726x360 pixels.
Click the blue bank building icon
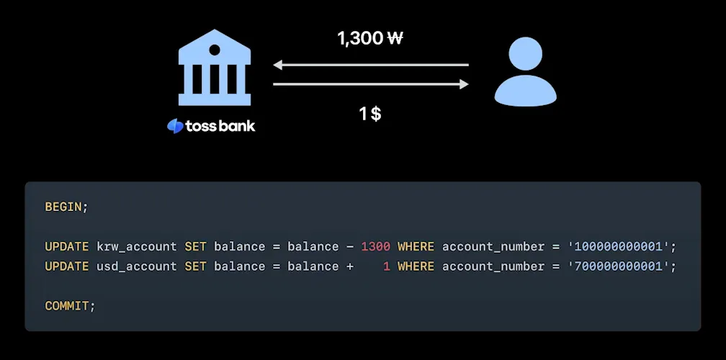coord(215,68)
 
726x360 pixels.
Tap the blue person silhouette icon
coord(526,72)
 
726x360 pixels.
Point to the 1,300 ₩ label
coord(369,38)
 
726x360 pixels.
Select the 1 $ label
coord(370,113)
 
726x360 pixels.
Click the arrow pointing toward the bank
coord(371,66)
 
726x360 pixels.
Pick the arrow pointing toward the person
coord(371,84)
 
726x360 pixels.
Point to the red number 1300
coord(375,246)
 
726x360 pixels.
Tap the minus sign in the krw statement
coord(349,246)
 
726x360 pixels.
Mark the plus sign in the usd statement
coord(349,266)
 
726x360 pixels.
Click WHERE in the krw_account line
coord(416,246)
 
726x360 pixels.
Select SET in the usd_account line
coord(195,266)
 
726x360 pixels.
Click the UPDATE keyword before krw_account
coord(66,246)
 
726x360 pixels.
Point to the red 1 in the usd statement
coord(386,266)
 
